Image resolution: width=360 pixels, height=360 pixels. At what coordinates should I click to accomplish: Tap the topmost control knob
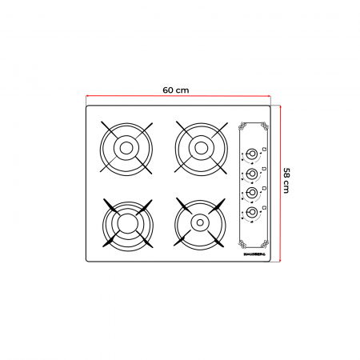[x=252, y=154]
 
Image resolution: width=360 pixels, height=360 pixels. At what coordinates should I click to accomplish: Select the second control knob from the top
[x=252, y=173]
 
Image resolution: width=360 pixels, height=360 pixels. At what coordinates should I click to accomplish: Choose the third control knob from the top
[x=252, y=192]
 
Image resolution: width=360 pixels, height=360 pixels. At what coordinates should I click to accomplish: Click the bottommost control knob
[x=252, y=212]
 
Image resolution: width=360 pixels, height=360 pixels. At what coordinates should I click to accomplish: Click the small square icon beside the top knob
[x=263, y=149]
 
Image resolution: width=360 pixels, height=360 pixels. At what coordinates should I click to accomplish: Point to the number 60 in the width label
[x=168, y=89]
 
